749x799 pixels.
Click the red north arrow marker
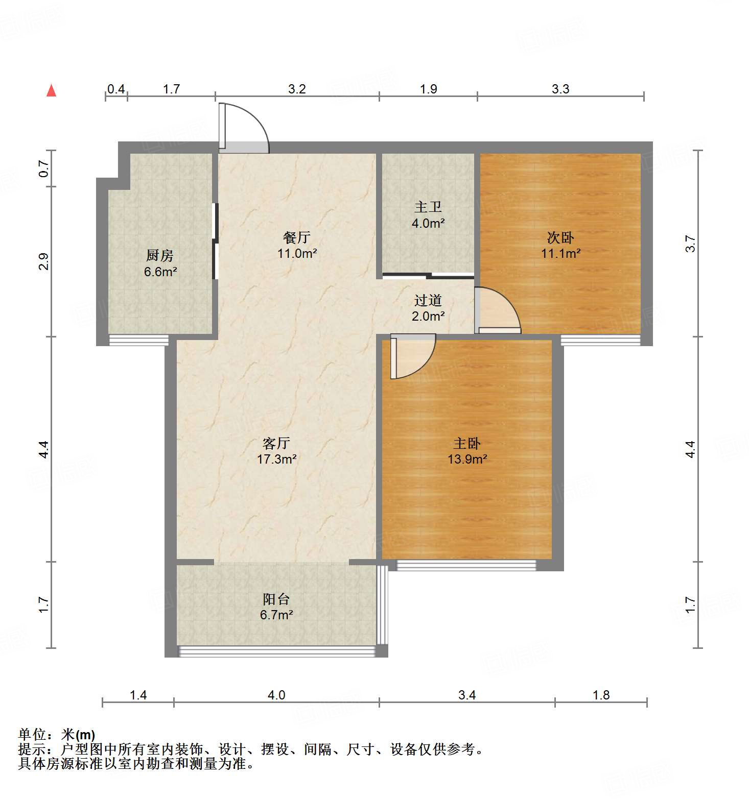point(51,90)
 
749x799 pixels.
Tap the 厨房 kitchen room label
point(160,255)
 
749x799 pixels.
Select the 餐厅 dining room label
point(297,237)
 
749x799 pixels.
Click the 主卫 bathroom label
point(428,207)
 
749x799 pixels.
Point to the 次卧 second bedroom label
point(560,237)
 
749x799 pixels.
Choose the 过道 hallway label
point(428,300)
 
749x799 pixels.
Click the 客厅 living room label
point(276,443)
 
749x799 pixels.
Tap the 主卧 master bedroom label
point(467,443)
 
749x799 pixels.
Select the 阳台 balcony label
point(276,599)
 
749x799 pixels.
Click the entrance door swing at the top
point(243,128)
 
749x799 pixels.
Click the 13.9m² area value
point(467,459)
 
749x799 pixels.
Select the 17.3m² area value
point(276,459)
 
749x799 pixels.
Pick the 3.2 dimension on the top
point(297,89)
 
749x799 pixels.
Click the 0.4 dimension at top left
point(116,89)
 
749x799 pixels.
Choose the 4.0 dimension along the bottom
point(276,695)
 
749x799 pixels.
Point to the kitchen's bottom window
point(138,340)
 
